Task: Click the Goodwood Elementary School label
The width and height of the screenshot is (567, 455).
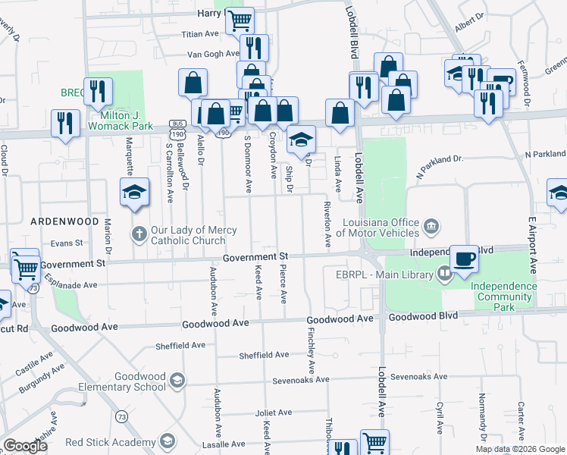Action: pyautogui.click(x=140, y=381)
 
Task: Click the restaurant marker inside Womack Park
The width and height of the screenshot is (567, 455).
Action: pyautogui.click(x=99, y=92)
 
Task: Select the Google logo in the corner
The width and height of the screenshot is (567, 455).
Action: pyautogui.click(x=25, y=446)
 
